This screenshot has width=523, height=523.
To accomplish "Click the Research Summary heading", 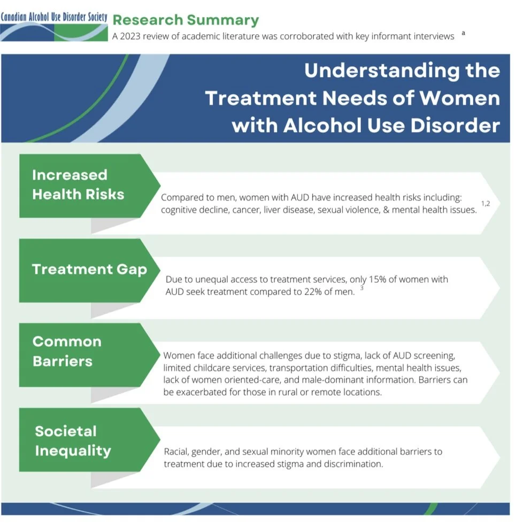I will click(186, 20).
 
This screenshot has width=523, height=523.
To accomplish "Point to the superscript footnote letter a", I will click(463, 33).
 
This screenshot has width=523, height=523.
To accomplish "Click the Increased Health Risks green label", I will click(78, 184).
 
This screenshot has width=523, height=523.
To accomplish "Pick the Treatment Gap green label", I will click(89, 269).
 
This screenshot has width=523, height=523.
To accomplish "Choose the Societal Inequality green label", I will click(73, 441).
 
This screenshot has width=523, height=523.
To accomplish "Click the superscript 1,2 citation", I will click(486, 204).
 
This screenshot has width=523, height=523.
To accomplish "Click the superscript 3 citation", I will click(362, 289).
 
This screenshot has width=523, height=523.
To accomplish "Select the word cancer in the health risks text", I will click(244, 210).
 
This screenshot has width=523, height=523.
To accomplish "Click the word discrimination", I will click(352, 464).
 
